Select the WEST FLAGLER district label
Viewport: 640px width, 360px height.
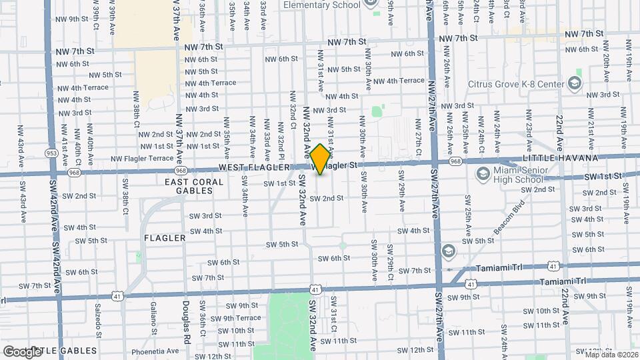pos(254,167)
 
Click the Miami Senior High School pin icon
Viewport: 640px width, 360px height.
pos(483,173)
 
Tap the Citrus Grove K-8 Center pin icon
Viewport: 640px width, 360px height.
pos(575,84)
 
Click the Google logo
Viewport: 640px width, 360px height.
pos(22,351)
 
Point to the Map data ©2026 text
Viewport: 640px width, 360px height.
pos(607,354)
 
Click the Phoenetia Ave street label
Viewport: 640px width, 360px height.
pos(156,351)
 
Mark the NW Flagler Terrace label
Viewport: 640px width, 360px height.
pos(142,159)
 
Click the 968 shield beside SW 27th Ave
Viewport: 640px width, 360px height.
pos(456,161)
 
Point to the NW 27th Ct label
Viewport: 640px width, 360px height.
pos(418,137)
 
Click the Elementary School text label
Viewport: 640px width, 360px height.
pos(321,5)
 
